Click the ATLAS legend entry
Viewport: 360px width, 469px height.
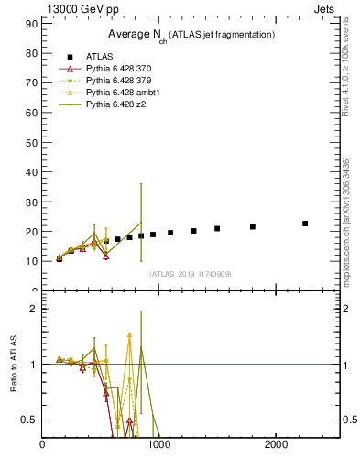coord(99,57)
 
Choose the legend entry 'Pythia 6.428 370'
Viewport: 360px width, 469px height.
coord(119,69)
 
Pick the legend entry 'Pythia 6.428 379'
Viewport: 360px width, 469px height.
coord(119,81)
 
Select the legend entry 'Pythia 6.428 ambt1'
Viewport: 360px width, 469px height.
coord(123,93)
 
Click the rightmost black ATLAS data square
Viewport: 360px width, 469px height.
coord(305,224)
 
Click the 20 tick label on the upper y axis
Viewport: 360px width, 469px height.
coord(30,231)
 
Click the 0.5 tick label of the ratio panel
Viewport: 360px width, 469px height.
coord(28,420)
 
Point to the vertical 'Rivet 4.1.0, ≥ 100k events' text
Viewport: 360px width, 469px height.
coord(345,70)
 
